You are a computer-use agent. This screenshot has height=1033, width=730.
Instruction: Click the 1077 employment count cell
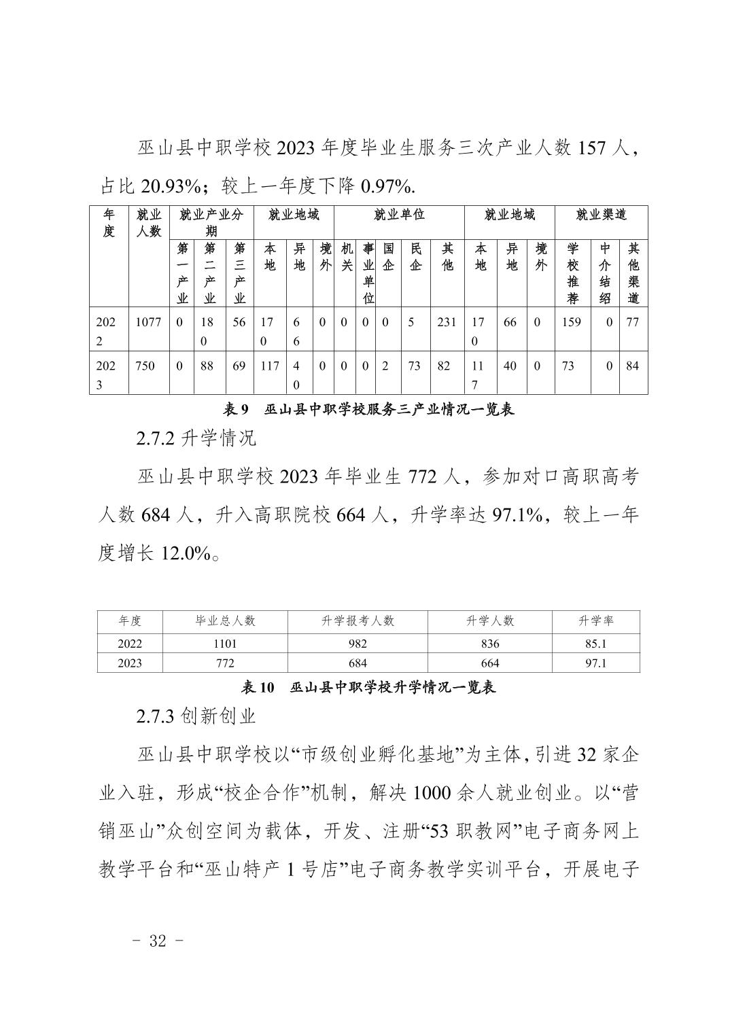tap(148, 323)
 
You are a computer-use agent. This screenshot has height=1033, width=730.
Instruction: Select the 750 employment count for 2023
tap(144, 366)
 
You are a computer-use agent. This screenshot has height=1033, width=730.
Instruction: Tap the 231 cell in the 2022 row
tap(447, 323)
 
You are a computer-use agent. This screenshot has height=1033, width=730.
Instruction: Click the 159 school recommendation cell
tap(572, 323)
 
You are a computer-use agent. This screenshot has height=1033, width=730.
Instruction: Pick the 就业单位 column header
tap(399, 215)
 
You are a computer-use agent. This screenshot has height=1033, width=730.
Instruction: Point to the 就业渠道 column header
tap(601, 215)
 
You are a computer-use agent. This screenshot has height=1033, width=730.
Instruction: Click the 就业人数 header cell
tap(149, 223)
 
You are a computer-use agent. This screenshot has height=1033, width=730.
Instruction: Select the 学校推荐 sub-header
tap(572, 273)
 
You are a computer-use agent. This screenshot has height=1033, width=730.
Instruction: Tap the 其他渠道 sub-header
tap(633, 273)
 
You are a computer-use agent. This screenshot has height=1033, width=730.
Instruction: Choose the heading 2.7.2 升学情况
tap(196, 438)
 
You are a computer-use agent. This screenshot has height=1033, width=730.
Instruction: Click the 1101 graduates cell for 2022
tap(225, 644)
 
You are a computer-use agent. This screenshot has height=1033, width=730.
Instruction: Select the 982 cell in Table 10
tap(358, 644)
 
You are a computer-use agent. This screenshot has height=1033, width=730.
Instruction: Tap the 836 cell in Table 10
tap(489, 644)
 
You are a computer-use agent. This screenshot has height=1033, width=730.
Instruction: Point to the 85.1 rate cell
tap(595, 644)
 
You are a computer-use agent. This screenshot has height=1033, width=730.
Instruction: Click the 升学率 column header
tap(595, 621)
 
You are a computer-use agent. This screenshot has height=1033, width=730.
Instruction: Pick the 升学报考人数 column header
tap(358, 621)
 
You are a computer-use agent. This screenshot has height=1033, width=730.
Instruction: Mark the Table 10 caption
tap(368, 688)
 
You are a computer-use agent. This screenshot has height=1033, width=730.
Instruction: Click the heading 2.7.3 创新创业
tap(196, 716)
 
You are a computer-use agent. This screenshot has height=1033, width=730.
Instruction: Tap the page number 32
tap(157, 941)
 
